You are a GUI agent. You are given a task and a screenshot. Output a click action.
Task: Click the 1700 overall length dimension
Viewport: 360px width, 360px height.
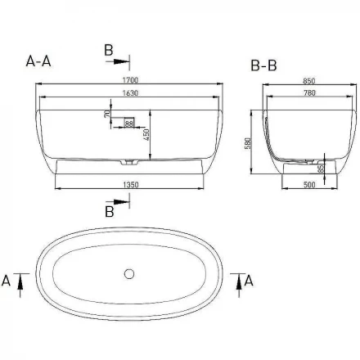tap(130, 80)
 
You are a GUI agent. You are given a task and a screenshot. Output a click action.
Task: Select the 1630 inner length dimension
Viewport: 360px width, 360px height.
tap(130, 93)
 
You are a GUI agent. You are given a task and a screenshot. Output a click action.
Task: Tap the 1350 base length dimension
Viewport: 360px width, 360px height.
tap(131, 185)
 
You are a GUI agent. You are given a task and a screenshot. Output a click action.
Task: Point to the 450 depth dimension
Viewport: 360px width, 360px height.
tap(146, 135)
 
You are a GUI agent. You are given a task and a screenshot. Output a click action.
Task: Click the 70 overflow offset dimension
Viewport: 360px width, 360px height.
tap(107, 114)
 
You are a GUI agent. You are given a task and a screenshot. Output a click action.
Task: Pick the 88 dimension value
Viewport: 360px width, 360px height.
tap(128, 124)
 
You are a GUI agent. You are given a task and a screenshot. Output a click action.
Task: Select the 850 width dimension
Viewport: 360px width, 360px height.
tap(309, 81)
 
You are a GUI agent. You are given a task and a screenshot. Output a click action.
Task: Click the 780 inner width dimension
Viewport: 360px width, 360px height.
tap(309, 93)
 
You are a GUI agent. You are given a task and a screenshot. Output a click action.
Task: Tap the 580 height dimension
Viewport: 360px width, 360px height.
tap(248, 143)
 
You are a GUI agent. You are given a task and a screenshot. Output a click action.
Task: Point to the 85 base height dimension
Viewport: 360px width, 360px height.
tap(321, 168)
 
